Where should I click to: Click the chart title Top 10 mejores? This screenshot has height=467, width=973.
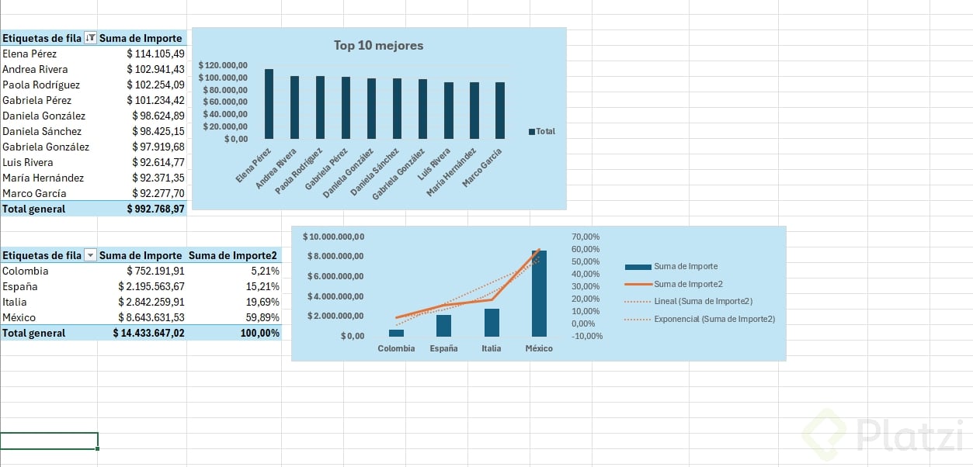378,46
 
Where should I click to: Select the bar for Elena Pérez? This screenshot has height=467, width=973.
269,104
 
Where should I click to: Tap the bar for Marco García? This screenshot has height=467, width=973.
500,110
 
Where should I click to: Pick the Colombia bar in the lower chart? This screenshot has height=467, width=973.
396,333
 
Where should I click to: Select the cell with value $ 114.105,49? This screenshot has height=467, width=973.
155,54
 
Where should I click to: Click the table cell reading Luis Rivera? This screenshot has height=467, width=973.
28,162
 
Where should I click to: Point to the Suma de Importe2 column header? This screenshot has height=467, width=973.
233,255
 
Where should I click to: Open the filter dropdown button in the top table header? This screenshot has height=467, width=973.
91,38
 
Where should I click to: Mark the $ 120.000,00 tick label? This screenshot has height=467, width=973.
223,65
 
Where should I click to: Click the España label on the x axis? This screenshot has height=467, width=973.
443,348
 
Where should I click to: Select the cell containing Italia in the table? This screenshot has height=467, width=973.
14,302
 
